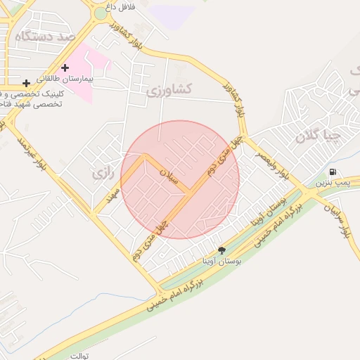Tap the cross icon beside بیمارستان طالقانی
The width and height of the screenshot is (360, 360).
tap(65, 68)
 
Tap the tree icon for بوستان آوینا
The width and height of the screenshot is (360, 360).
tap(222, 250)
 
